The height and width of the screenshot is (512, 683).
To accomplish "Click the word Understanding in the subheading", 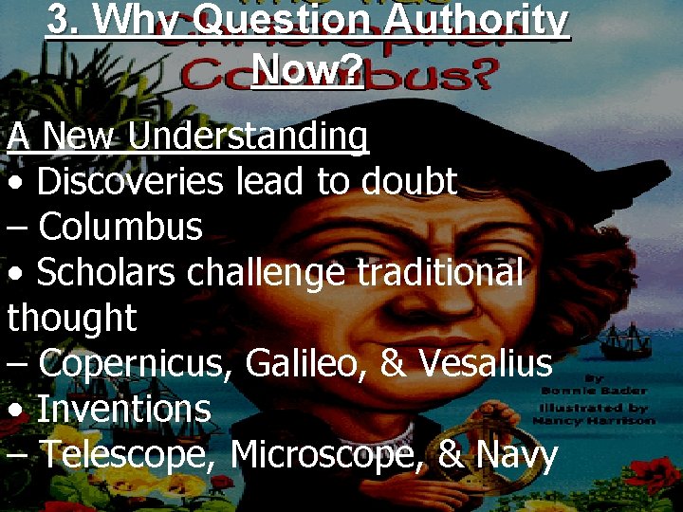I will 248,137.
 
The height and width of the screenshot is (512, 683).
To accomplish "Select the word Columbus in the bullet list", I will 121,227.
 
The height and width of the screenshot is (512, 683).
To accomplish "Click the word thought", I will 72,318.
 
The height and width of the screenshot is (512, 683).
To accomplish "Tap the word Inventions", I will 123,409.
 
